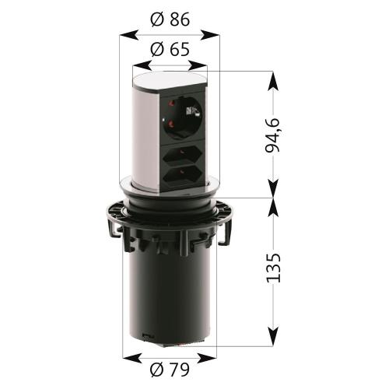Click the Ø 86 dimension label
click(x=170, y=19)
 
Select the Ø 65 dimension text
click(x=170, y=49)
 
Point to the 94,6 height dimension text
click(x=272, y=135)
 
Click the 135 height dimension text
click(x=273, y=268)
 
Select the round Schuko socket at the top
click(x=183, y=117)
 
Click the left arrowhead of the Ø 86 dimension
click(x=129, y=35)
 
